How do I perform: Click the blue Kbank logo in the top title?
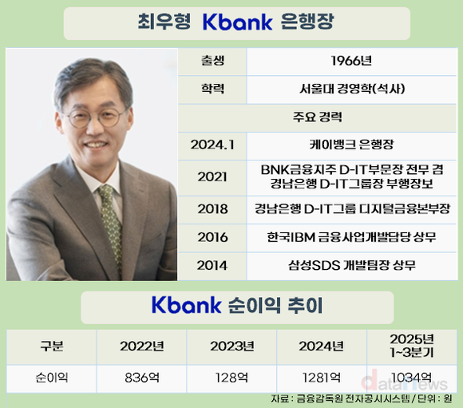[x=237, y=22]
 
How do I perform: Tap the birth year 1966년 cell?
[x=351, y=61]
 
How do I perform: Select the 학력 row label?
[x=212, y=89]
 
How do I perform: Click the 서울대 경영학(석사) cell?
[x=352, y=89]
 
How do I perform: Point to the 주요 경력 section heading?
[x=318, y=117]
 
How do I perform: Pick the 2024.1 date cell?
[x=212, y=145]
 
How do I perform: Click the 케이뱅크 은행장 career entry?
[x=351, y=145]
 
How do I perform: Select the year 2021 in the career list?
[x=212, y=177]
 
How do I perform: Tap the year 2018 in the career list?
[x=212, y=209]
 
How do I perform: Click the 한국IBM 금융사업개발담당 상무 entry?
[x=351, y=237]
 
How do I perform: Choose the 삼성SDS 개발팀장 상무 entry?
[x=352, y=265]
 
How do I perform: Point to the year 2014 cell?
[x=212, y=265]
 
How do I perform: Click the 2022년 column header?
[x=142, y=347]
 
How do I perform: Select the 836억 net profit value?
[x=142, y=378]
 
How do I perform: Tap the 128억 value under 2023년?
[x=231, y=378]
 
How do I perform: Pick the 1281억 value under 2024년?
[x=322, y=378]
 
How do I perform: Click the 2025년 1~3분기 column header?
[x=412, y=346]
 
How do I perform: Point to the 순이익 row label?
[x=52, y=378]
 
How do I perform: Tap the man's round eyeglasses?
[x=96, y=117]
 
